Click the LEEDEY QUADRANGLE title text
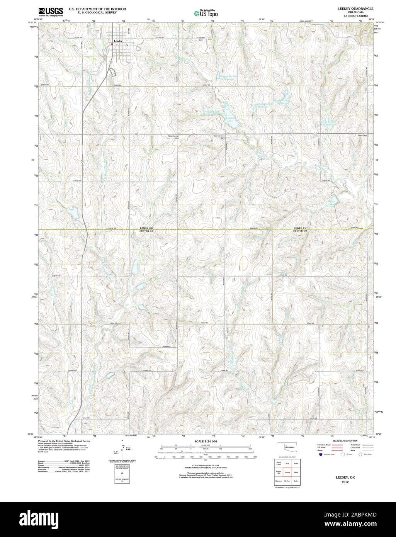click(345, 8)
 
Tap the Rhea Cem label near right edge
click(363, 136)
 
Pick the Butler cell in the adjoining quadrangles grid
click(296, 481)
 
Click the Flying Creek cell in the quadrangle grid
click(278, 463)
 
